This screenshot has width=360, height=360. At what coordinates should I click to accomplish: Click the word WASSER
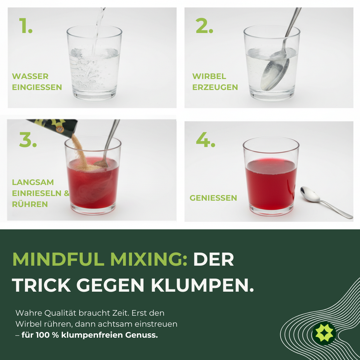point(30,76)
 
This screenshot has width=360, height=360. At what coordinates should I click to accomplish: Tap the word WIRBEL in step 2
point(209,76)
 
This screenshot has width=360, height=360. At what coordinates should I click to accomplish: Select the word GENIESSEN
point(213,198)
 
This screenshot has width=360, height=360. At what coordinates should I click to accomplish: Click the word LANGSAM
point(33,182)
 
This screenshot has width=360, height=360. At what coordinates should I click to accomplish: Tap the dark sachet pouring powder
point(53,127)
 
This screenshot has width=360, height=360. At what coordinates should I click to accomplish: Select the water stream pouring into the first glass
point(97,33)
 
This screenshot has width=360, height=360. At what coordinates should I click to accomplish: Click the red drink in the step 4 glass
point(271,187)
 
